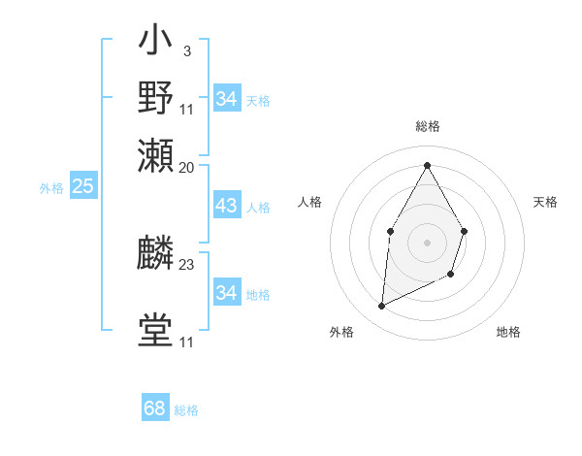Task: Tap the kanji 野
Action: [155, 99]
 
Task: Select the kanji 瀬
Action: [155, 156]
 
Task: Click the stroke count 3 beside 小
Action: [186, 50]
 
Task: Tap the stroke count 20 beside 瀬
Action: [187, 167]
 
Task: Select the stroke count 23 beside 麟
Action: [187, 264]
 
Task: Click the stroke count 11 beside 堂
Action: [187, 342]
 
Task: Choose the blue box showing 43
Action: [226, 207]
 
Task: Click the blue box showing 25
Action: [82, 187]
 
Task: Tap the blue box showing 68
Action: [155, 408]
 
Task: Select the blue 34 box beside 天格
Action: [226, 99]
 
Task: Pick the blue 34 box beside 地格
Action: [226, 292]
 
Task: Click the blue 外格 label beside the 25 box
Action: [50, 188]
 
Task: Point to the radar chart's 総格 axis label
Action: [427, 127]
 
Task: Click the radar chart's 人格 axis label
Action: [309, 202]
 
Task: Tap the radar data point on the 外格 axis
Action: [382, 307]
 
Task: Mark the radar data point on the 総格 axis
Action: [427, 164]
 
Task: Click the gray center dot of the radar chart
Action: [427, 242]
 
